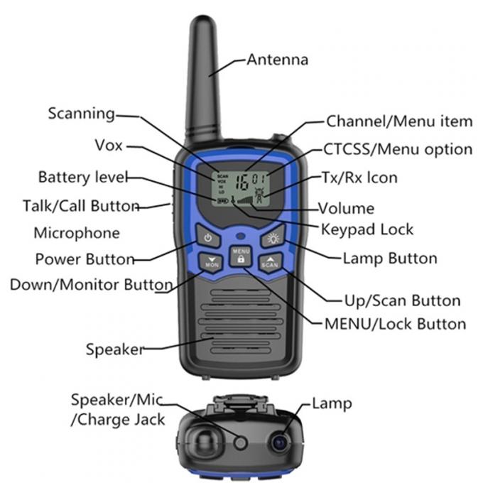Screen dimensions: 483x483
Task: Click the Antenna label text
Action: click(x=277, y=60)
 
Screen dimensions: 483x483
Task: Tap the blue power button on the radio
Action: click(x=208, y=239)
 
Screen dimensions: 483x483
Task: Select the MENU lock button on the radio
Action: click(x=241, y=256)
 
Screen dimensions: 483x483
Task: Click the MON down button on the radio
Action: click(x=211, y=261)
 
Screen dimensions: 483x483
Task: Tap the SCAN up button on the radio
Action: click(x=270, y=261)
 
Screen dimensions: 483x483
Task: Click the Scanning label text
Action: click(x=81, y=114)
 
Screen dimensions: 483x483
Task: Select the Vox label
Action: click(x=109, y=146)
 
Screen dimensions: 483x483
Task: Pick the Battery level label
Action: click(x=83, y=176)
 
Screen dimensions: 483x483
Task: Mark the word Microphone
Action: click(x=77, y=233)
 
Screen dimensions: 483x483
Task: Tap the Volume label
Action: click(x=346, y=209)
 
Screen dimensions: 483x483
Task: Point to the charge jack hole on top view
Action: click(x=240, y=443)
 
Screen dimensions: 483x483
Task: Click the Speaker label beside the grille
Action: click(x=114, y=349)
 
